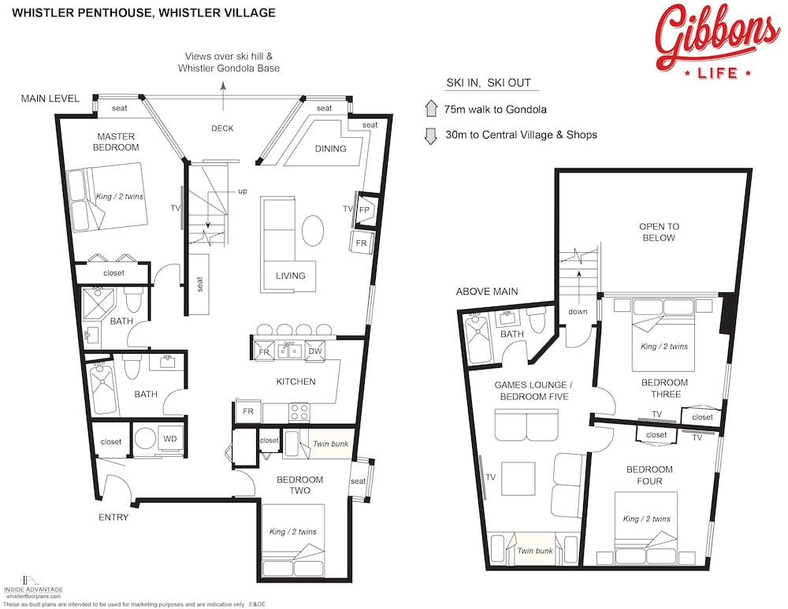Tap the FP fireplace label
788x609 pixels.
(x=364, y=210)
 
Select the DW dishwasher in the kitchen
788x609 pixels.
(x=315, y=351)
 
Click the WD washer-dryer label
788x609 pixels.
(x=170, y=439)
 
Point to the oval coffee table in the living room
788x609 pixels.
(x=313, y=231)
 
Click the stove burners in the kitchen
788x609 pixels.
(x=299, y=412)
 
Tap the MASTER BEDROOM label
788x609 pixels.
(x=116, y=142)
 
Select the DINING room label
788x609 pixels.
(x=331, y=149)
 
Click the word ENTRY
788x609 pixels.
(x=113, y=517)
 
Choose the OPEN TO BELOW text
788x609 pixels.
(x=659, y=232)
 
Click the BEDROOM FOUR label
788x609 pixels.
(x=649, y=475)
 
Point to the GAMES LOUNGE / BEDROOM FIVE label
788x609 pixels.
(x=533, y=391)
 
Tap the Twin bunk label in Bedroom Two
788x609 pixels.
(x=330, y=444)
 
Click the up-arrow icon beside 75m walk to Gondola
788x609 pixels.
(x=431, y=109)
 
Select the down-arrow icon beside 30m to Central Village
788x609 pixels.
(x=431, y=136)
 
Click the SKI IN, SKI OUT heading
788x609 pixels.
(x=489, y=83)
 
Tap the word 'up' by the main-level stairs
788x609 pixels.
(x=243, y=191)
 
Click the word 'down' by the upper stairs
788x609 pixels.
(x=578, y=311)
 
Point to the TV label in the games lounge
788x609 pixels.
(x=490, y=477)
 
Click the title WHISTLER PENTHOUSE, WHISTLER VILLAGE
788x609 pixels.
(x=143, y=13)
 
